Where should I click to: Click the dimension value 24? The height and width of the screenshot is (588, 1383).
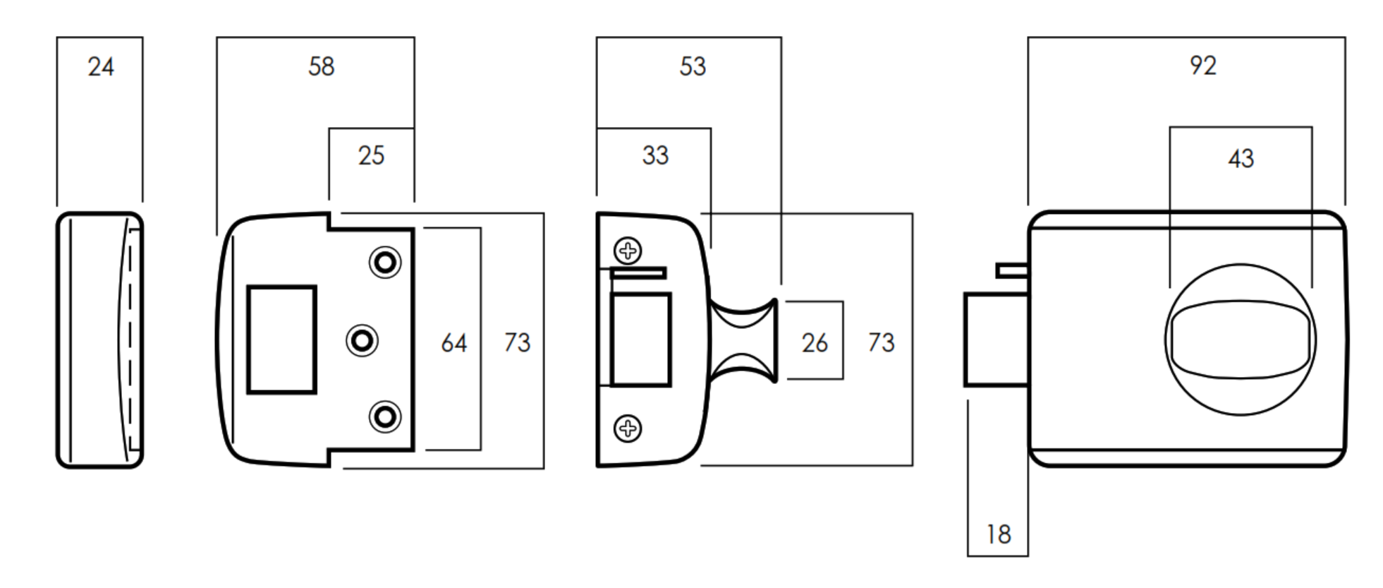tap(101, 67)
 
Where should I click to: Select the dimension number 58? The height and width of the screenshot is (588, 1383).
tap(321, 66)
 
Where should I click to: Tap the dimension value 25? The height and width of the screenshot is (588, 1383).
tap(371, 155)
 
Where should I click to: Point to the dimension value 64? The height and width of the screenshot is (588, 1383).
tap(453, 343)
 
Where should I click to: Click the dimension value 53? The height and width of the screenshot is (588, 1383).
tap(692, 66)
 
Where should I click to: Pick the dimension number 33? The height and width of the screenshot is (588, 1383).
tap(654, 155)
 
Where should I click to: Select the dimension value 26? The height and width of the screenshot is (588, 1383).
tap(814, 343)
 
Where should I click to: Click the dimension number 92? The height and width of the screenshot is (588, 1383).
tap(1202, 66)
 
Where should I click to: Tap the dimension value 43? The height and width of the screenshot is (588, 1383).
tap(1241, 158)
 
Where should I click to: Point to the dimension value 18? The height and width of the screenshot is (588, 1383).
tap(998, 534)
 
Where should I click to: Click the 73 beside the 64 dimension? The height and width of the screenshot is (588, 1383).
tap(517, 343)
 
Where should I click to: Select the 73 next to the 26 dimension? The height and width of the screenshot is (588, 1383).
tap(881, 343)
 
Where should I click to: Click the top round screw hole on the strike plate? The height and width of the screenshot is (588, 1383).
tap(385, 263)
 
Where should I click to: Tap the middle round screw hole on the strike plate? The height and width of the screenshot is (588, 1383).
tap(362, 341)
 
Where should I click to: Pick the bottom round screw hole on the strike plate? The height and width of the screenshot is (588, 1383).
tap(385, 417)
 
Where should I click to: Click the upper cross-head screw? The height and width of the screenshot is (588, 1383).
tap(628, 251)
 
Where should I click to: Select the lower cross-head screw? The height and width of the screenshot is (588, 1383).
tap(628, 428)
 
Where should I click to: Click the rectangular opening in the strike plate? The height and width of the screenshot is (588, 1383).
tap(281, 340)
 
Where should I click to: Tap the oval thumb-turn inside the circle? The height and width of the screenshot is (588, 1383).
tap(1241, 340)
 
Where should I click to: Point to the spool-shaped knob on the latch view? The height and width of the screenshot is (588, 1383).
tap(744, 341)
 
